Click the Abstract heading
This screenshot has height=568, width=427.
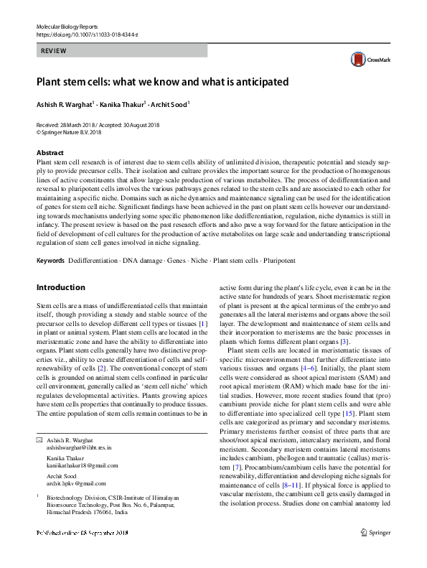pos(50,153)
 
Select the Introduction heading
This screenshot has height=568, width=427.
pos(60,288)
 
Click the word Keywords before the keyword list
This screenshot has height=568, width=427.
pos(51,259)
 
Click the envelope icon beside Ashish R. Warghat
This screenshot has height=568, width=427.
pos(39,439)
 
